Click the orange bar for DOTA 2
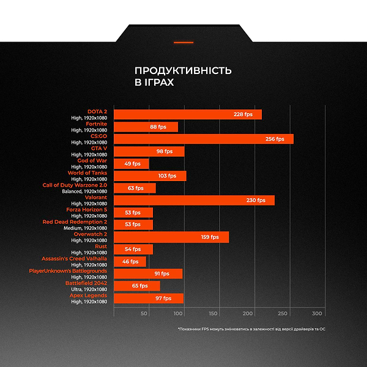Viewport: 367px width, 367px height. point(188,114)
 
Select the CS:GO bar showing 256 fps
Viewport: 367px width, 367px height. point(204,139)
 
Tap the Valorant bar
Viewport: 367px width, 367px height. point(194,200)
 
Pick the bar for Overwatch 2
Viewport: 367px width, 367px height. point(171,237)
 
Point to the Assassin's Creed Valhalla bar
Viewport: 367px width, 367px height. point(130,261)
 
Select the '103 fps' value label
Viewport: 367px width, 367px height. point(167,176)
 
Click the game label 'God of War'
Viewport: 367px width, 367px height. point(92,160)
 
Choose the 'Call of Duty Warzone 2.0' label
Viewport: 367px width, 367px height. point(75,185)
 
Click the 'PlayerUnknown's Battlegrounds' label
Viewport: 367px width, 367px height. point(68,270)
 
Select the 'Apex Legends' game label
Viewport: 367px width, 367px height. point(88,295)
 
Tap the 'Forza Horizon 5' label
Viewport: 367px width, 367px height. point(86,209)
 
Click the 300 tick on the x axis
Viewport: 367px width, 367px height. point(317,313)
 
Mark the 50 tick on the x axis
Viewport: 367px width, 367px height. point(144,313)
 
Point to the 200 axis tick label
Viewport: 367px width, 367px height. point(248,313)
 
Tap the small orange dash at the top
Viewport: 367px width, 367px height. point(183,42)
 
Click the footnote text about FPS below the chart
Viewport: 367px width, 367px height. point(251,329)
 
